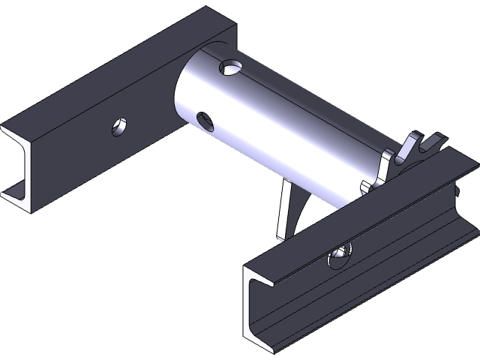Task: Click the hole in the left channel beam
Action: pyautogui.click(x=118, y=127)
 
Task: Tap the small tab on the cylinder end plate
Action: pyautogui.click(x=365, y=185)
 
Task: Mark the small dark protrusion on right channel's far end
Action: pyautogui.click(x=458, y=193)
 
